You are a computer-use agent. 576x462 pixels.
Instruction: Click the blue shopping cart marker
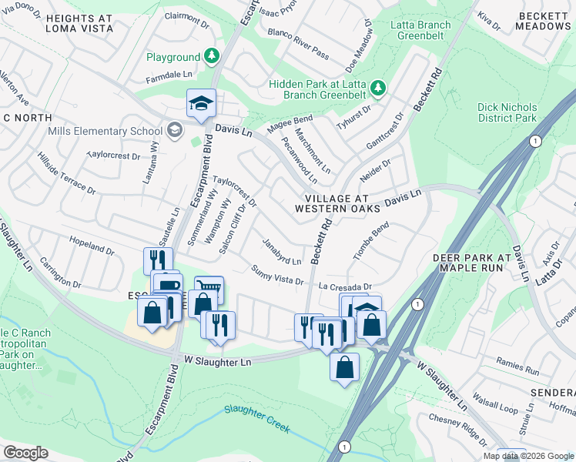209,291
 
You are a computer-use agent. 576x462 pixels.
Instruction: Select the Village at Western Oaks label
338,203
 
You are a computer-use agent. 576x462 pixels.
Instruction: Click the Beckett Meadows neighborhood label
544,20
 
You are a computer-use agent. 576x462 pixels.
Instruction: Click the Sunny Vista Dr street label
277,275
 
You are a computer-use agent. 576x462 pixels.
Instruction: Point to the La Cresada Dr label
345,285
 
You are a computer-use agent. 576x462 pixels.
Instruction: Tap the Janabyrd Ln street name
281,250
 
